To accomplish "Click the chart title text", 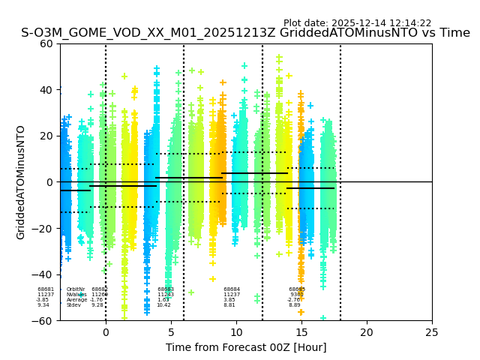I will (x=245, y=33).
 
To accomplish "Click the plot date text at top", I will (x=357, y=23).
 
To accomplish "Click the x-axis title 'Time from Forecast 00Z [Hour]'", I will (x=246, y=347).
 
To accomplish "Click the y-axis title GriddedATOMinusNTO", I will (x=21, y=182).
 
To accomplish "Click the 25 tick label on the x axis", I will (x=432, y=331).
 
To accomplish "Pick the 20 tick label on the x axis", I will (x=367, y=331).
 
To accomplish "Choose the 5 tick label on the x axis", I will (x=171, y=331).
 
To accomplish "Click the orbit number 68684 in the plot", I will (x=232, y=289).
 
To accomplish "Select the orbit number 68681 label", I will (x=46, y=289).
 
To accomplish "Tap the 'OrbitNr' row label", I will (x=76, y=289).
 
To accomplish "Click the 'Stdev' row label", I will (x=73, y=305).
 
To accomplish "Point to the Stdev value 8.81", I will (x=229, y=305).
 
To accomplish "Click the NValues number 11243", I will (x=166, y=295).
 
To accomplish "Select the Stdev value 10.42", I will (x=163, y=305).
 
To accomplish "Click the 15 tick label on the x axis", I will (x=301, y=331).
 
